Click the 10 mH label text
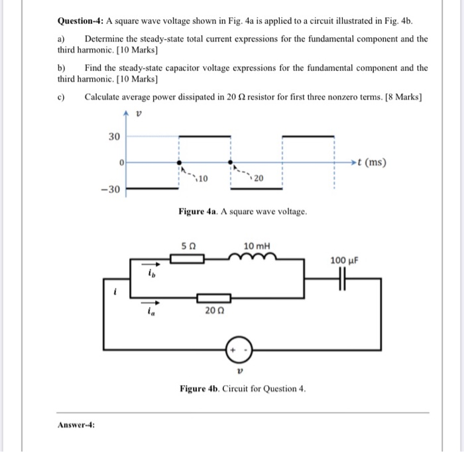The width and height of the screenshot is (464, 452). point(257,247)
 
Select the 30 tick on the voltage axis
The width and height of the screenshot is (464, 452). point(114,137)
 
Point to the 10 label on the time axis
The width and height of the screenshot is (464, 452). point(203,179)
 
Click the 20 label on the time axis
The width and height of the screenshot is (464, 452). point(258,179)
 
